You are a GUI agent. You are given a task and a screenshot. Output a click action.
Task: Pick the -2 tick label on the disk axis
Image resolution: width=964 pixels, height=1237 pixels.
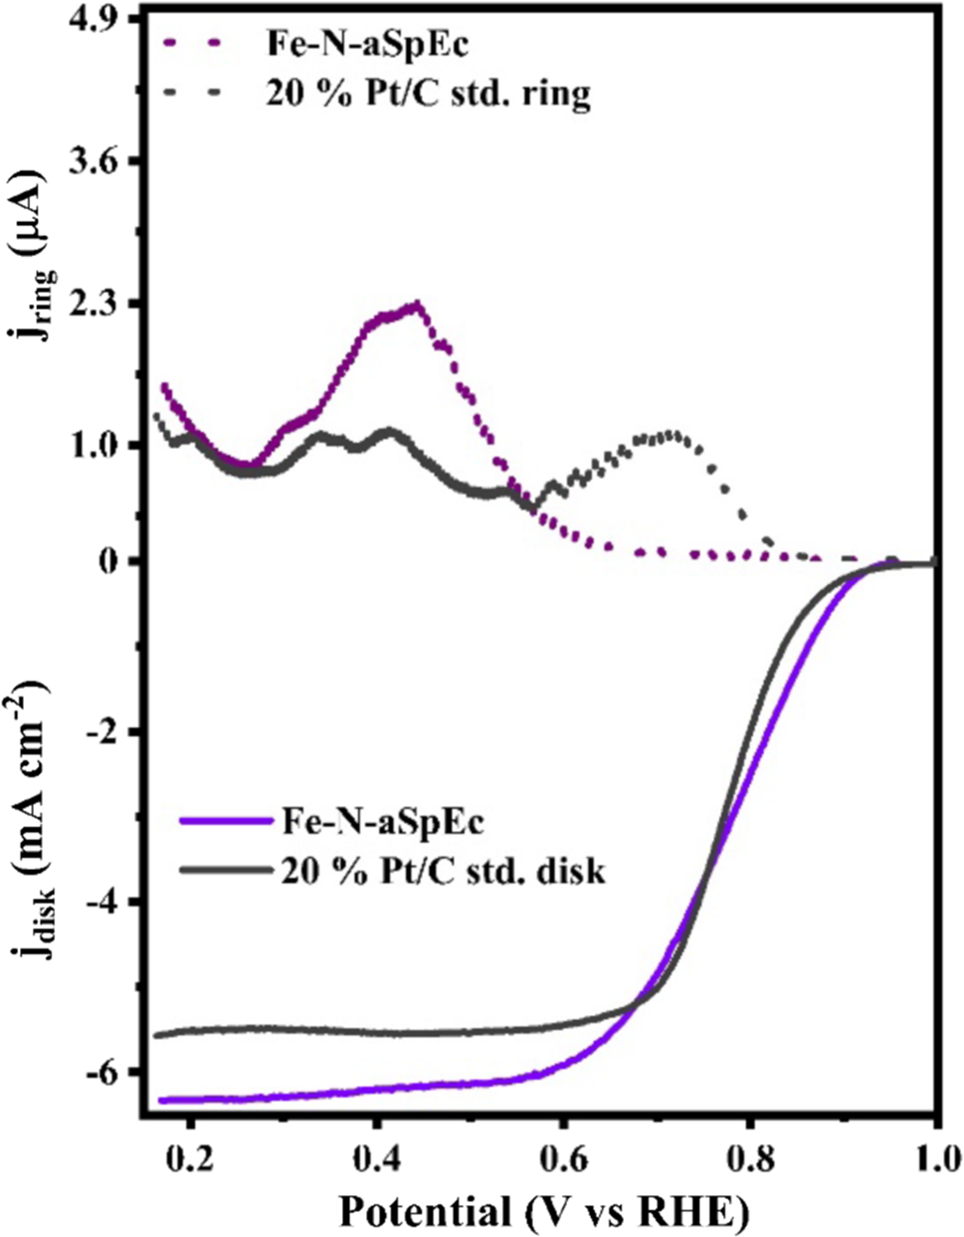108,731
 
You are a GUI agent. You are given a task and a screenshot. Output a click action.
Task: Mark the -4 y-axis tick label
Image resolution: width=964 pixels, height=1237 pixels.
108,902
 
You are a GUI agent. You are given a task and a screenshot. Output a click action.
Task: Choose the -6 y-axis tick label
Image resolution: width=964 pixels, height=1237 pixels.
108,1072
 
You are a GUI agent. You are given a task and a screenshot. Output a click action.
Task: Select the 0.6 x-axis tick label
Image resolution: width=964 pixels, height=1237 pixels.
563,1159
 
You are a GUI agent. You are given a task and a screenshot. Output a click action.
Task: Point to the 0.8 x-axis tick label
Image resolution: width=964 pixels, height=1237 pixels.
749,1159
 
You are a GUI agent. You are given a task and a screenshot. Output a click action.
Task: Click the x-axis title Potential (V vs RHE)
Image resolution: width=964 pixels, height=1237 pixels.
542,1212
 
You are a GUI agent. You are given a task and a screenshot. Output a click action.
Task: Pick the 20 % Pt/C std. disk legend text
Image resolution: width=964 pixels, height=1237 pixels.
443,872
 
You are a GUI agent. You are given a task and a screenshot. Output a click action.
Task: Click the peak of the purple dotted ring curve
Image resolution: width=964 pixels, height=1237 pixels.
418,305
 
